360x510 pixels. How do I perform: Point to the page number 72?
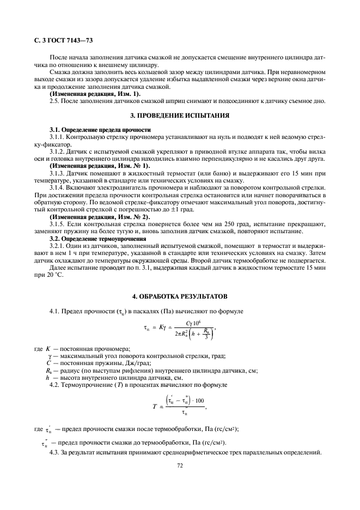[179, 465]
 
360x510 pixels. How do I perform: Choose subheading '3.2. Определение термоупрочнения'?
[97, 239]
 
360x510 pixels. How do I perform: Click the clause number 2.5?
[54, 101]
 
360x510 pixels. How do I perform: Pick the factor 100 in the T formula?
[199, 400]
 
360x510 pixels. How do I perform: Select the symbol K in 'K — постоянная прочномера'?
[48, 348]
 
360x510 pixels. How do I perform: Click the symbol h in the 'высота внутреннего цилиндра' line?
[48, 378]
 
